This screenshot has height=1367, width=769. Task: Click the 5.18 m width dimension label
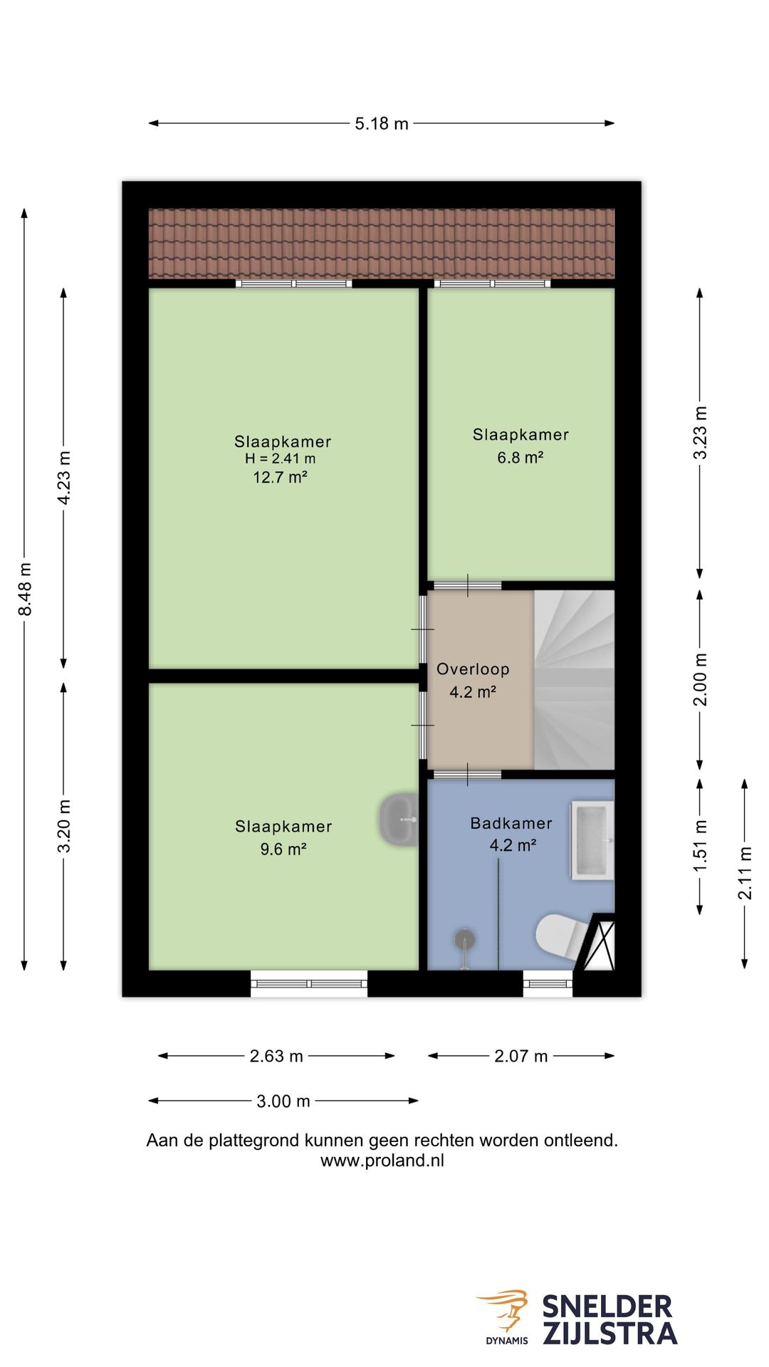[382, 123]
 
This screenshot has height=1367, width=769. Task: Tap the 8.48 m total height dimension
[25, 590]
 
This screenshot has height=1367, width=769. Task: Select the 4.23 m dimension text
[64, 478]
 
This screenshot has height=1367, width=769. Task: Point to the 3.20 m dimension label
[64, 826]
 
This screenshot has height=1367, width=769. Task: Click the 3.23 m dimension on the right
[701, 433]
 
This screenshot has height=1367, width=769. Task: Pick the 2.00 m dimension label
[701, 679]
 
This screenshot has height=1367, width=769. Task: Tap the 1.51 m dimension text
[701, 846]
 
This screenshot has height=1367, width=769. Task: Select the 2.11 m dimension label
[745, 873]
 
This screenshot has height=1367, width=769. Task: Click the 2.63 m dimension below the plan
[276, 1056]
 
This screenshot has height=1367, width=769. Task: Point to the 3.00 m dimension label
[283, 1101]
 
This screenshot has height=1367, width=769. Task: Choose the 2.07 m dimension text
[521, 1056]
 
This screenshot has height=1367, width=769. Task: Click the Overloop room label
[473, 669]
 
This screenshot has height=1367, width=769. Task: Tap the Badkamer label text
[511, 823]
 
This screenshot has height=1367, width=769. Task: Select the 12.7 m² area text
[280, 477]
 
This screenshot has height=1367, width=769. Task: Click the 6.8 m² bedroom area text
[520, 457]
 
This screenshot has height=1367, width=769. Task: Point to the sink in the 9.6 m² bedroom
[399, 819]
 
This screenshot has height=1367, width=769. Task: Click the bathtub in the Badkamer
[592, 840]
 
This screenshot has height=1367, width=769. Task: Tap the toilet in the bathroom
[563, 935]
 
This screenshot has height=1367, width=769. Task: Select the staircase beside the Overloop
[574, 679]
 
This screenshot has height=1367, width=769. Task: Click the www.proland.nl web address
[382, 1161]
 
